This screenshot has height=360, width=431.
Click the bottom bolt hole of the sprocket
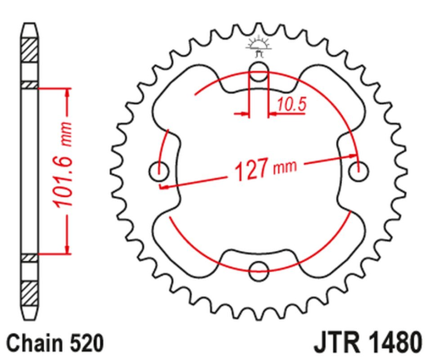point(259,269)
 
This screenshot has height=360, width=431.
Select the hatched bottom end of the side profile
point(29,291)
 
